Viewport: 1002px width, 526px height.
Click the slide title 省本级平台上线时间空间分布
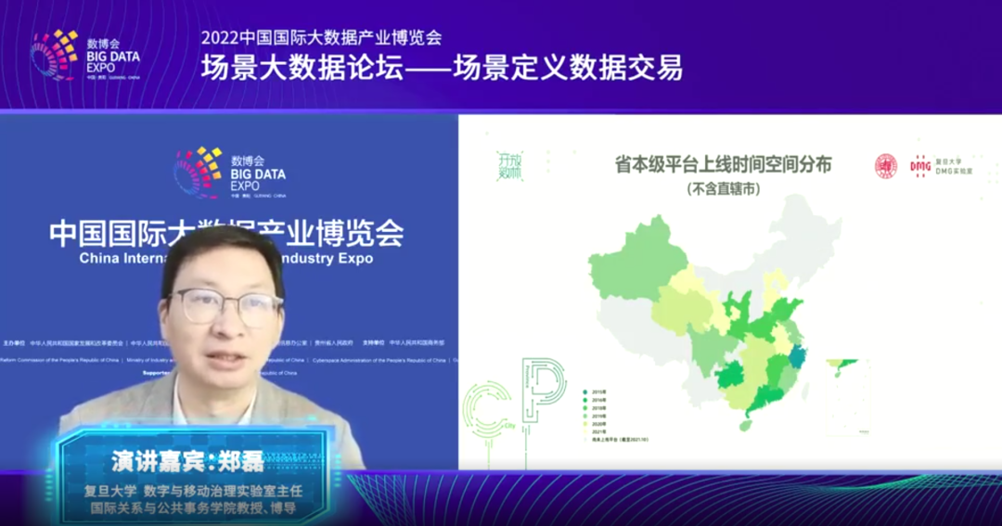pos(724,165)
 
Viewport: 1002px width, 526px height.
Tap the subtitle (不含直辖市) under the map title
pos(724,189)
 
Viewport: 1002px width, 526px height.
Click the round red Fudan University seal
pos(886,165)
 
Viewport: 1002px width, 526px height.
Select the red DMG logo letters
pos(920,164)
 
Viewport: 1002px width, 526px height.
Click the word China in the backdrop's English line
pos(99,259)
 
